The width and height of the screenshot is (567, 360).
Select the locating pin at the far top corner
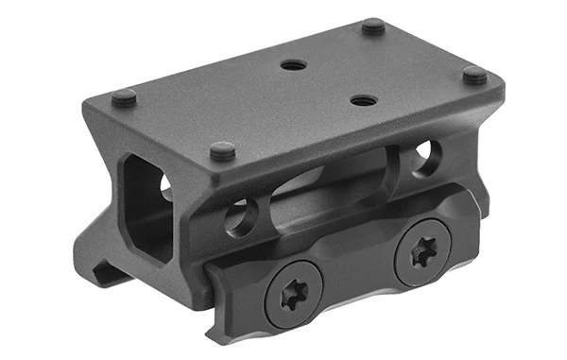tap(373, 26)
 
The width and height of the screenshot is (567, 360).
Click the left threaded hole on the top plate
tap(294, 66)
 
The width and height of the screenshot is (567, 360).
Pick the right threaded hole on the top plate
tap(359, 98)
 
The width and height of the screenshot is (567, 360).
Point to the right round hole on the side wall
tap(426, 155)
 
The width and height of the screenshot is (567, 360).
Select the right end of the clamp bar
tap(477, 213)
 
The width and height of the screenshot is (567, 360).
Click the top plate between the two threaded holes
tap(326, 82)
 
